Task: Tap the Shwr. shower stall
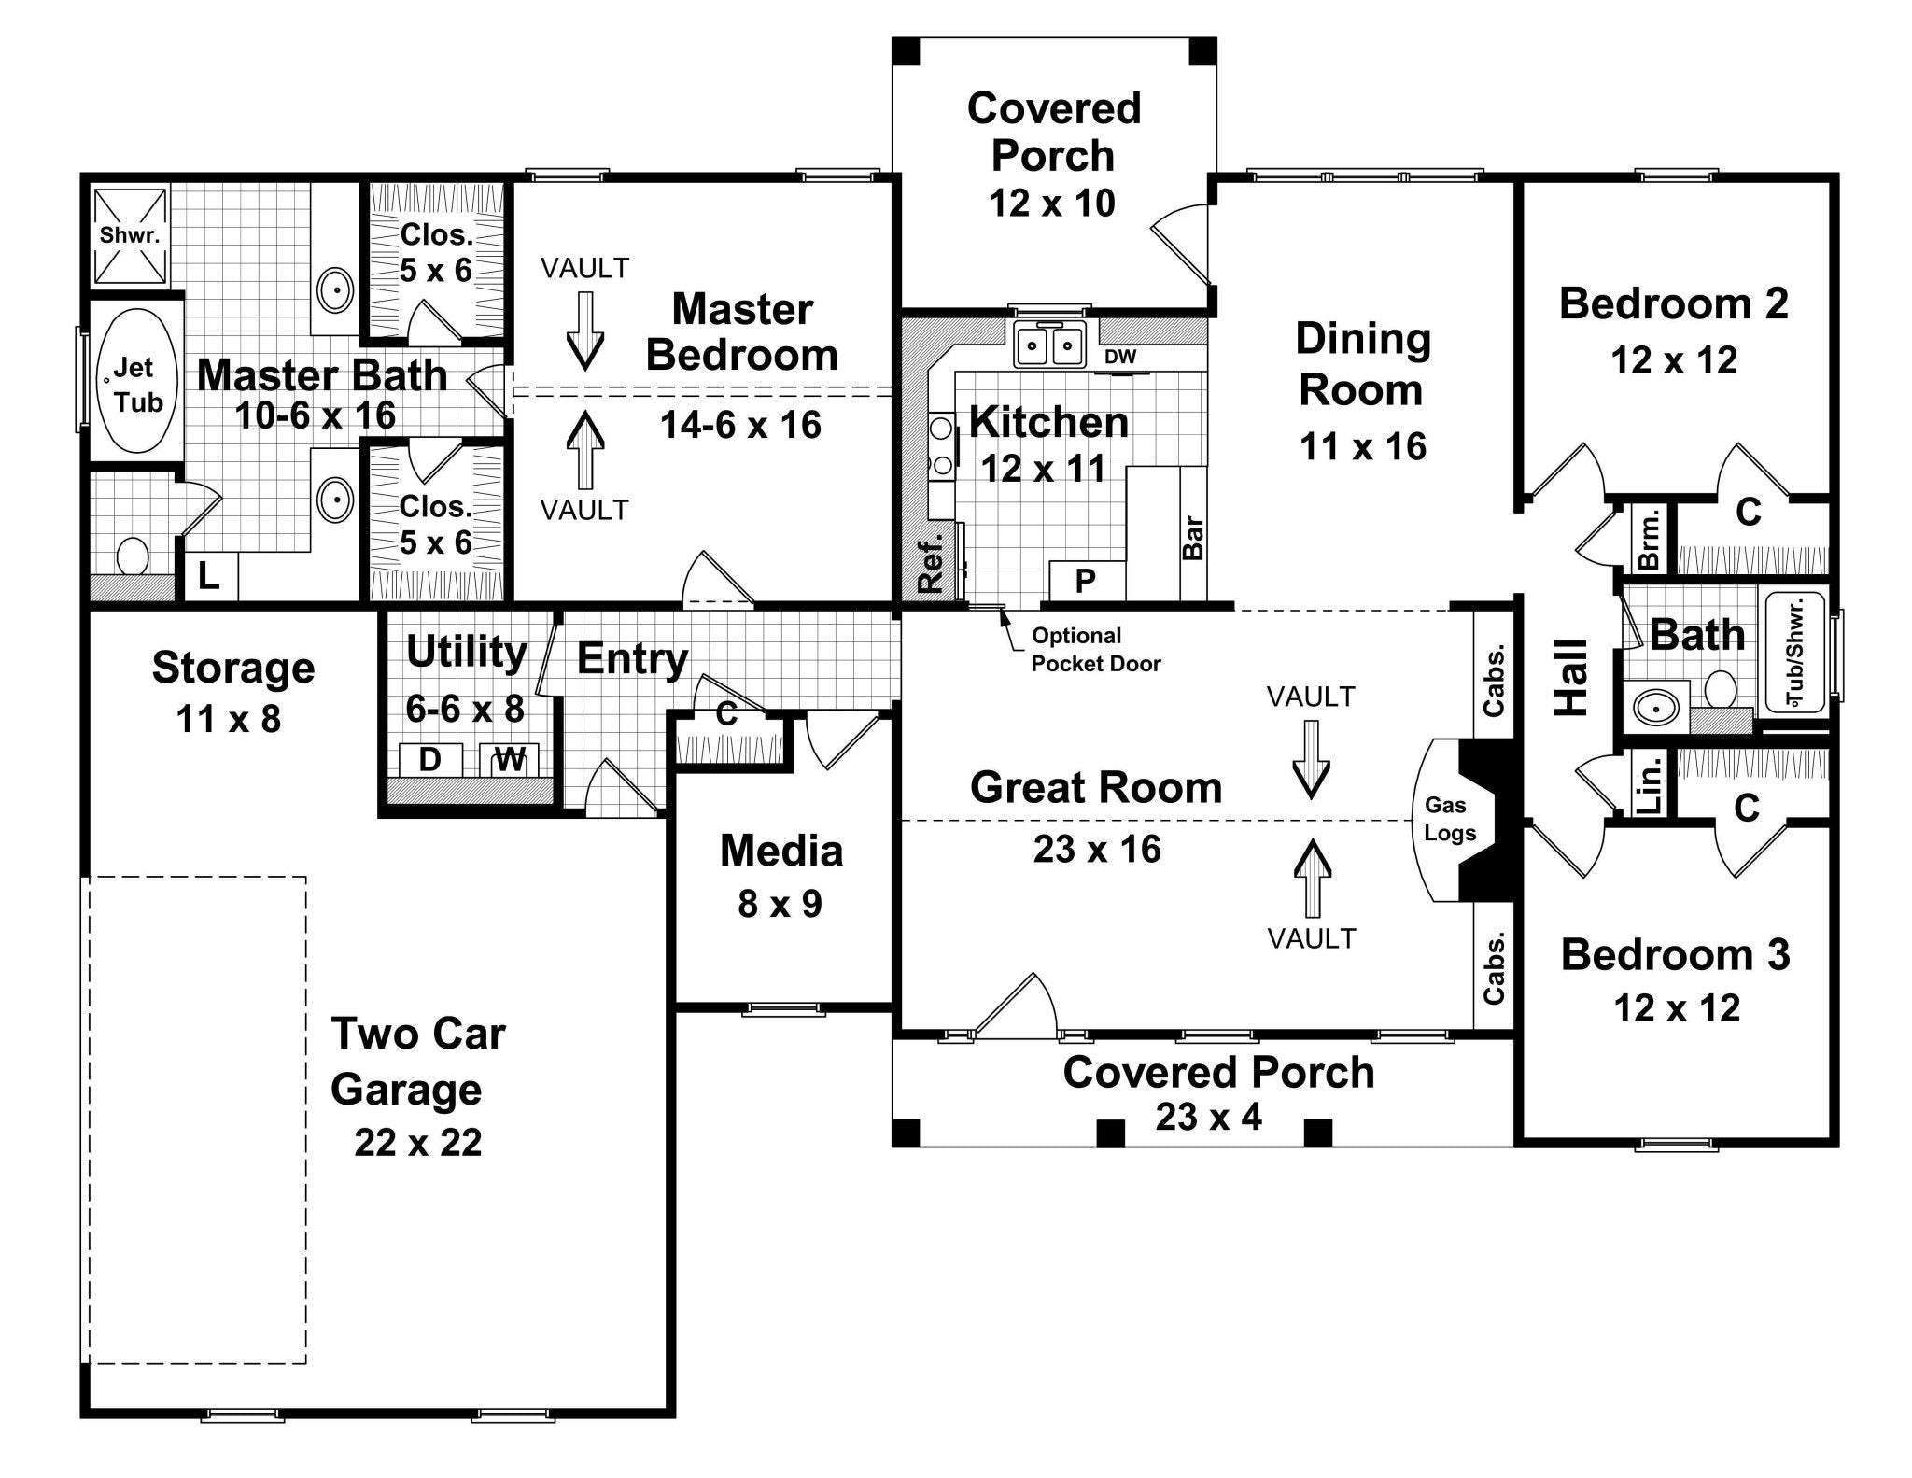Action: tap(130, 235)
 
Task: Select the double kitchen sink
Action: tap(1049, 346)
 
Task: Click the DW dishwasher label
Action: tap(1120, 357)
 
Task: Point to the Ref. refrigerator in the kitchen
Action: tap(931, 563)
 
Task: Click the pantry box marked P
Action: tap(1086, 581)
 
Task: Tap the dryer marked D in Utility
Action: tap(429, 759)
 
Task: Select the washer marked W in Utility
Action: tap(510, 759)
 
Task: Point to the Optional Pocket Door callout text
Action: tap(1095, 650)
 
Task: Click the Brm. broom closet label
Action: tap(1650, 539)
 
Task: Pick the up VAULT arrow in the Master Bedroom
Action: tap(585, 450)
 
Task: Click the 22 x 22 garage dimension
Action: tap(418, 1143)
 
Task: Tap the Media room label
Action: tap(781, 851)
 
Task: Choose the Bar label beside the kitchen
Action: tap(1193, 538)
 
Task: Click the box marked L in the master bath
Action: tap(209, 577)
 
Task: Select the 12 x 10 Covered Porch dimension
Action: tap(1052, 203)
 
